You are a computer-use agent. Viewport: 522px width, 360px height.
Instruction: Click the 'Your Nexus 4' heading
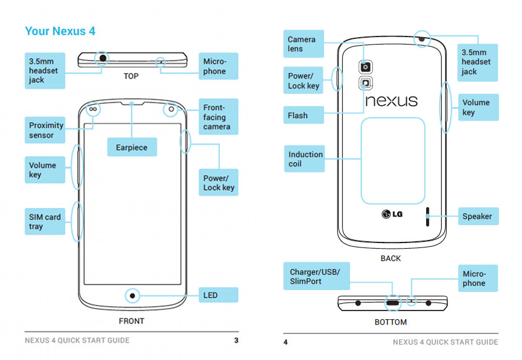point(60,31)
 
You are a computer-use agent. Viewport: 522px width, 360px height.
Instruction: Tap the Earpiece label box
point(132,147)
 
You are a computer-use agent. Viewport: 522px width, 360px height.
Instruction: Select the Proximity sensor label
point(46,130)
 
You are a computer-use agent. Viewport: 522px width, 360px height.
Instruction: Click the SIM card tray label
point(45,221)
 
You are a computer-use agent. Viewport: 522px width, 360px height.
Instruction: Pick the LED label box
point(218,295)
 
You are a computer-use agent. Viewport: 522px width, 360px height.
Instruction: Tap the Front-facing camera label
point(218,117)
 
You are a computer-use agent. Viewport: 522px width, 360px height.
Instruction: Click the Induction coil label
point(305,159)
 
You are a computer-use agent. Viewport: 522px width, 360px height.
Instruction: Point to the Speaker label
point(477,216)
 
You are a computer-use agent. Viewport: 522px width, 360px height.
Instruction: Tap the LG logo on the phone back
point(392,215)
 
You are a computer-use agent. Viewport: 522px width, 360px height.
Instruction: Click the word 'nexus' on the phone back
point(391,101)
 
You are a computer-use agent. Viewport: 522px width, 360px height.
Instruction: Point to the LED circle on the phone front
point(132,294)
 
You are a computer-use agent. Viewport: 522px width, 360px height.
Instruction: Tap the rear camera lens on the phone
point(366,67)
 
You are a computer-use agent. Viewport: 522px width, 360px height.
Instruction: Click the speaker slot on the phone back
point(427,216)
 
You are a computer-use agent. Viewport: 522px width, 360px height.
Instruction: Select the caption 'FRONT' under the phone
point(131,321)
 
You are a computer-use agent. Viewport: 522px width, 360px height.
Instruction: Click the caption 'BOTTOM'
point(390,322)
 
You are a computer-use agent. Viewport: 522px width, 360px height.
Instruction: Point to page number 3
point(236,341)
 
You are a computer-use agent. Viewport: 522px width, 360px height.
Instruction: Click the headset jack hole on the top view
point(102,59)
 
